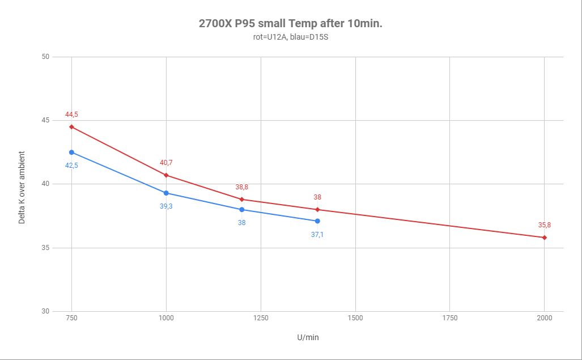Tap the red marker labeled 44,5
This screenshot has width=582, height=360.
[x=71, y=127]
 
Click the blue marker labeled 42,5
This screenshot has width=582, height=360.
[x=71, y=153]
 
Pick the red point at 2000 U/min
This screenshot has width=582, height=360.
[x=544, y=238]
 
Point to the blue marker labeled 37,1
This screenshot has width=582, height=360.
[x=317, y=221]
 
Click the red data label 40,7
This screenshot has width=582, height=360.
[x=166, y=163]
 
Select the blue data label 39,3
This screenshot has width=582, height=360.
[x=166, y=206]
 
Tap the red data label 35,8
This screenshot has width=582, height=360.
[x=544, y=225]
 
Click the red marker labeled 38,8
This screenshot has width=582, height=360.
[x=242, y=200]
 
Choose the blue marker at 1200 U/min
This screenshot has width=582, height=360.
[x=242, y=210]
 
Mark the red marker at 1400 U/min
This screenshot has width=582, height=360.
[x=317, y=210]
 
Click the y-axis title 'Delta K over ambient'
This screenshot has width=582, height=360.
[x=22, y=187]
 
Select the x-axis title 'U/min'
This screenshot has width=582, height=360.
[x=308, y=337]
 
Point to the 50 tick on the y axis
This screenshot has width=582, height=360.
[x=45, y=57]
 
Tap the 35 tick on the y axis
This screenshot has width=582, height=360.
[x=45, y=248]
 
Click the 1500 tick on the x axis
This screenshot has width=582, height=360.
[x=355, y=318]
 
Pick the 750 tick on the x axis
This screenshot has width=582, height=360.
[x=71, y=318]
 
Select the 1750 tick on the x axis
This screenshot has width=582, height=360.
[x=449, y=318]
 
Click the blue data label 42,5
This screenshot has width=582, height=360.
[x=71, y=165]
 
